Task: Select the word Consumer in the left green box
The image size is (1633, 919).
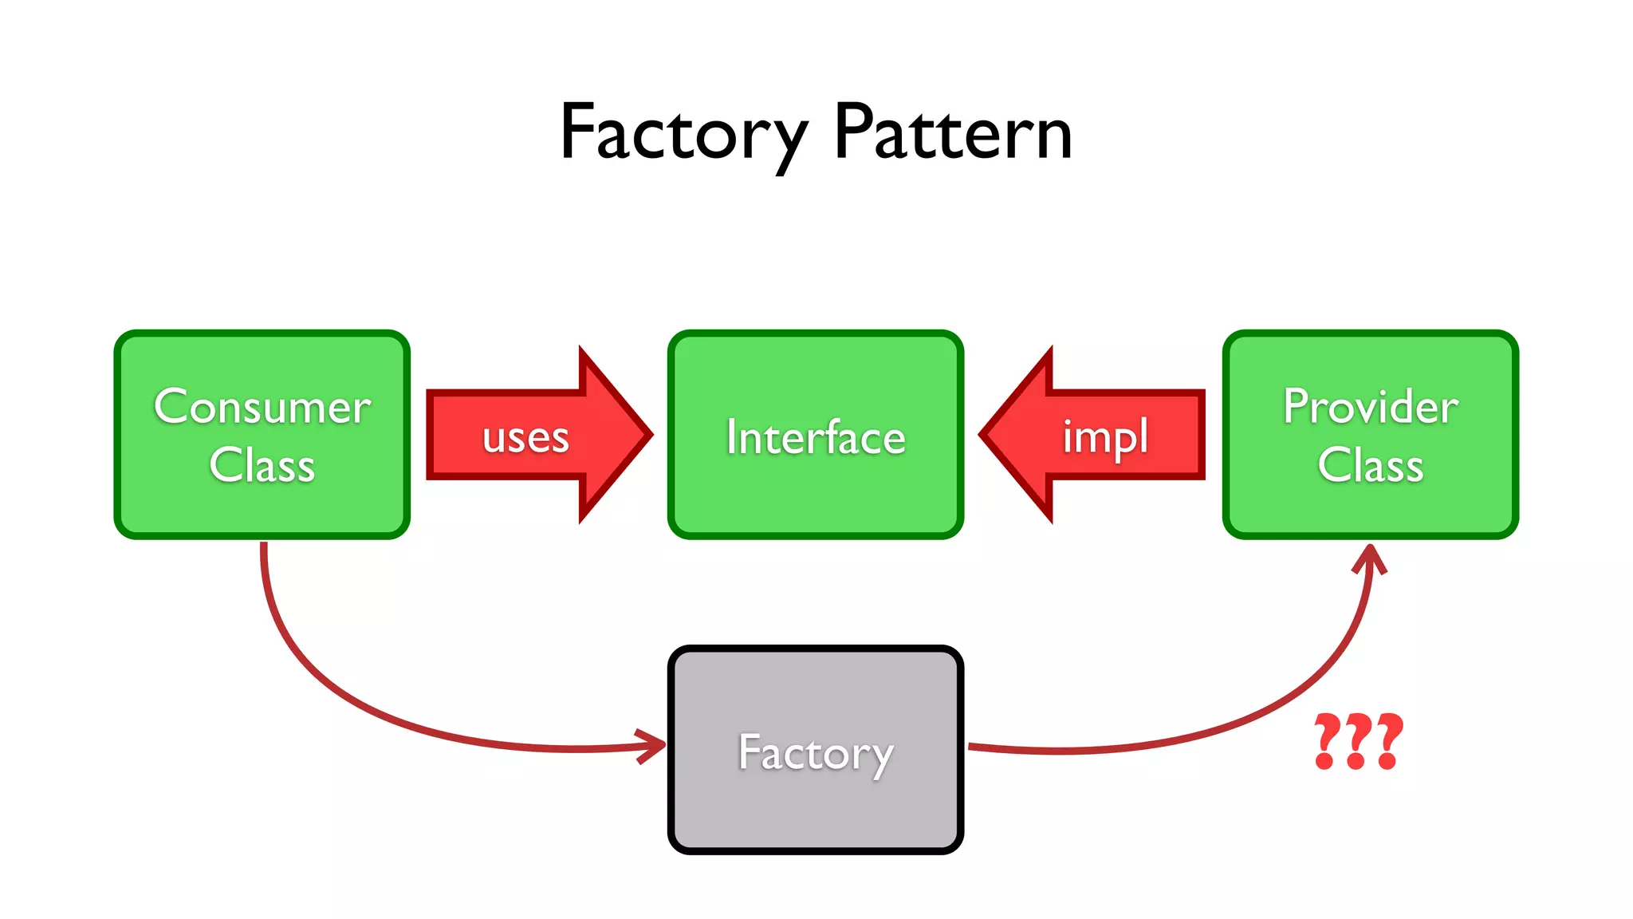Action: tap(262, 407)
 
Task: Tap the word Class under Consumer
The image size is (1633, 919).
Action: tap(262, 465)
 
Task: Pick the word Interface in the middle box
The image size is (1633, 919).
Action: tap(816, 437)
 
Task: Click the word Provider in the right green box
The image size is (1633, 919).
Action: tap(1370, 407)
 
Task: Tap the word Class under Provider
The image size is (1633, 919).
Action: tap(1370, 465)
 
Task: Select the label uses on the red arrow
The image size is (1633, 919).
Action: tap(525, 438)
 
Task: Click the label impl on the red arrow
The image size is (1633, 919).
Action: tap(1105, 437)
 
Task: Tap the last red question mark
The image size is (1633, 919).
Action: tap(1388, 741)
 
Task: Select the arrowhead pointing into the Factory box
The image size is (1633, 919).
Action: tap(655, 746)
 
